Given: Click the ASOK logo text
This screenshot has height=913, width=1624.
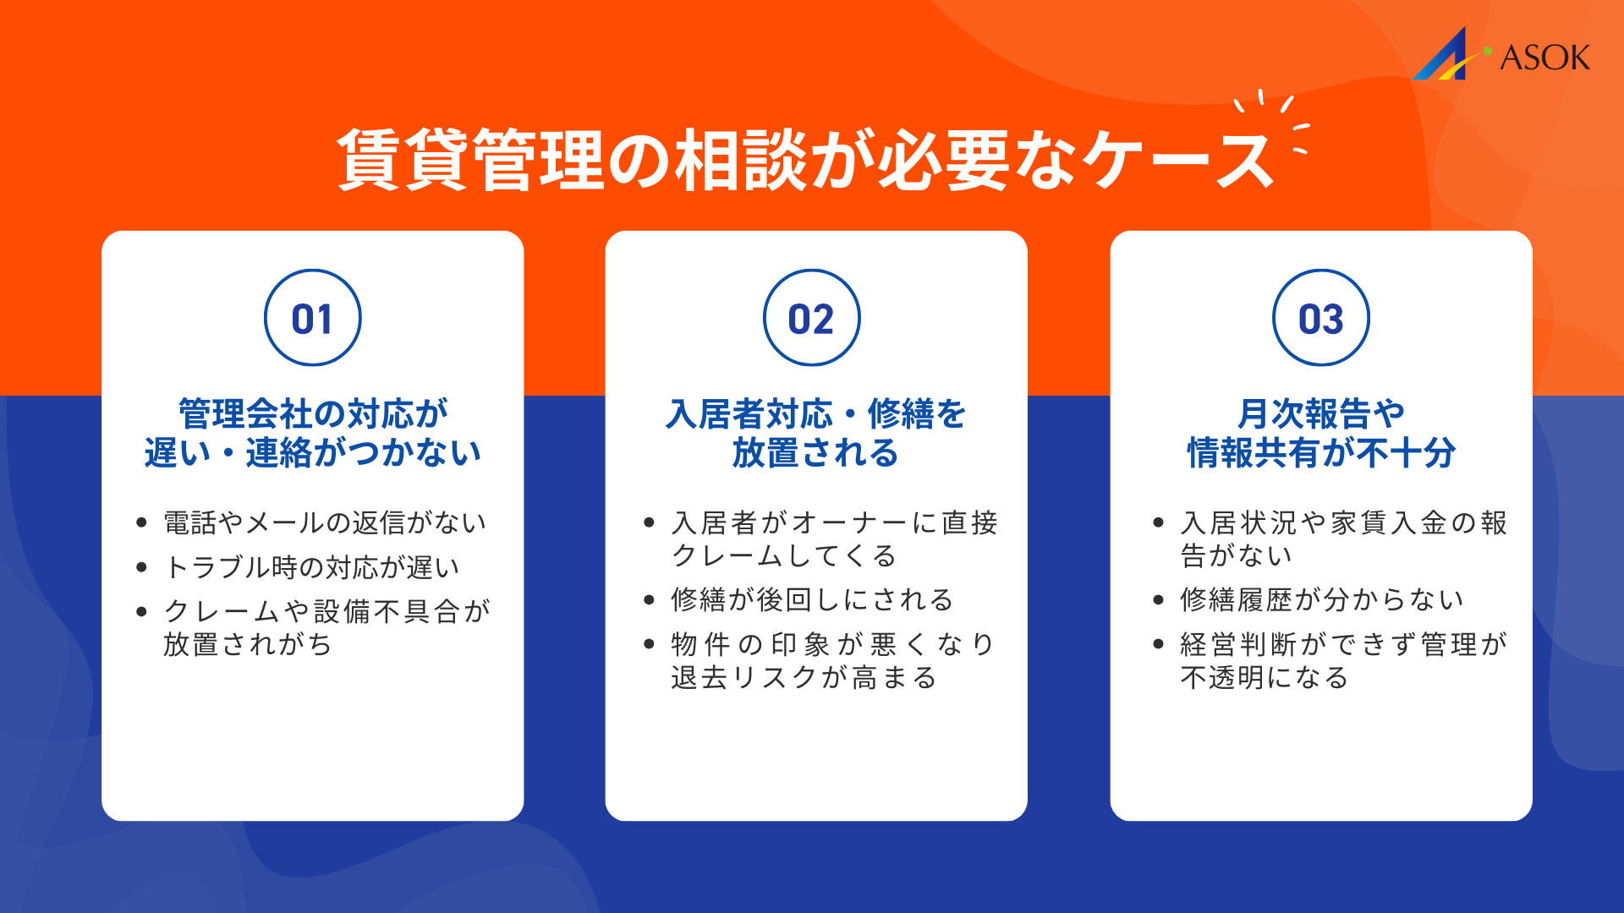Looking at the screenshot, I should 1544,57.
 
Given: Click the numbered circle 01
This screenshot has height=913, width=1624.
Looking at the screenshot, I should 312,318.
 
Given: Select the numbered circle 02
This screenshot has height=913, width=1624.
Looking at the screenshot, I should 811,318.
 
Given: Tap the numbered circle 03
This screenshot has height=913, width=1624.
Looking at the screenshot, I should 1320,318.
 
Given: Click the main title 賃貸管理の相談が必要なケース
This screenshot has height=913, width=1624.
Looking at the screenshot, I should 805,159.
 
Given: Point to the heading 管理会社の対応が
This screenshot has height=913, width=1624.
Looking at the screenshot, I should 313,413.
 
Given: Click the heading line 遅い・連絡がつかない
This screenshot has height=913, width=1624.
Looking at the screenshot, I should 313,453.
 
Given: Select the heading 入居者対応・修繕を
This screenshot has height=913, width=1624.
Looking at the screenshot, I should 815,413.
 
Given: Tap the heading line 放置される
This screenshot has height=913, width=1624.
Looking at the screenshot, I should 815,453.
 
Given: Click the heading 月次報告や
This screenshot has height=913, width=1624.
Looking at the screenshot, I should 1320,413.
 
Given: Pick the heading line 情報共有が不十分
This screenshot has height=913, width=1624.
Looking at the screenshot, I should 1320,453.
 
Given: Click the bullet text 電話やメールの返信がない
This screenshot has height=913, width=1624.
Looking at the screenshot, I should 325,522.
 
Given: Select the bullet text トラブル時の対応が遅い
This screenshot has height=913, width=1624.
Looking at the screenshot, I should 312,566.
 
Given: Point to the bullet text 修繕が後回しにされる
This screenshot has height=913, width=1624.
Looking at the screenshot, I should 812,599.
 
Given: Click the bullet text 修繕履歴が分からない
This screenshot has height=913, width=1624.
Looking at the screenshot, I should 1321,599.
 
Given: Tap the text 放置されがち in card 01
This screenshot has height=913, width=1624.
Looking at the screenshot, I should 248,644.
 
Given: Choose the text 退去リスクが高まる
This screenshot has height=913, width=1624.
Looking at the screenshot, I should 804,677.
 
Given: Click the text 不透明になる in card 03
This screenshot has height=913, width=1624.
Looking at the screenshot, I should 1264,677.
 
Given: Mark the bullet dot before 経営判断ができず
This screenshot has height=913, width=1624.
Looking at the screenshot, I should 1159,644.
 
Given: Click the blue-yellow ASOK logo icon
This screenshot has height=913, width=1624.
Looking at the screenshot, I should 1445,56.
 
